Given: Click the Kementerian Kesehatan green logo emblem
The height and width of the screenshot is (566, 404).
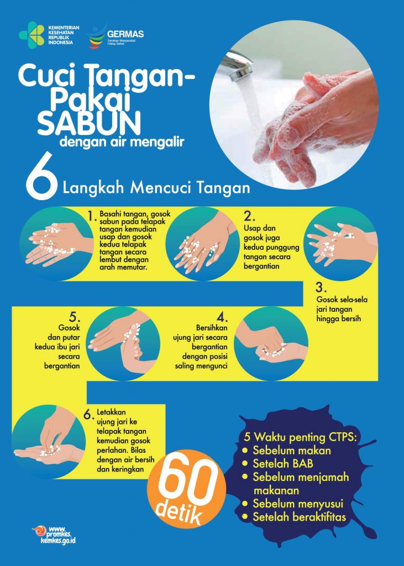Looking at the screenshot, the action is [x=32, y=35].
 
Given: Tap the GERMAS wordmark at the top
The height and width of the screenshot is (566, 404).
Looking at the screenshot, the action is [x=125, y=34].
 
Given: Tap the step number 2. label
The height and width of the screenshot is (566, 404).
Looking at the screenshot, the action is [x=249, y=216].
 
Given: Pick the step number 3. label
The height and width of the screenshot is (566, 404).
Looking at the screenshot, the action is [x=321, y=287].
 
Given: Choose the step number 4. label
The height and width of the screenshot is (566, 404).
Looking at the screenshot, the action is [x=222, y=317].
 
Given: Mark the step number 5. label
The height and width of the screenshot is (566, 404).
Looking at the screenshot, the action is [x=75, y=317].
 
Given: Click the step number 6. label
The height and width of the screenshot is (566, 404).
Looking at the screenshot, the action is [x=89, y=415].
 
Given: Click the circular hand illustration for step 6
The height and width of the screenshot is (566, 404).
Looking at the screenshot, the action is [x=49, y=442].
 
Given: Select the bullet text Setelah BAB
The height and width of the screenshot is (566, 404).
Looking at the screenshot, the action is [x=283, y=464].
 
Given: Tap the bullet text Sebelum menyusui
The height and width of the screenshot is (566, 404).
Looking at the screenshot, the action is [x=298, y=504].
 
